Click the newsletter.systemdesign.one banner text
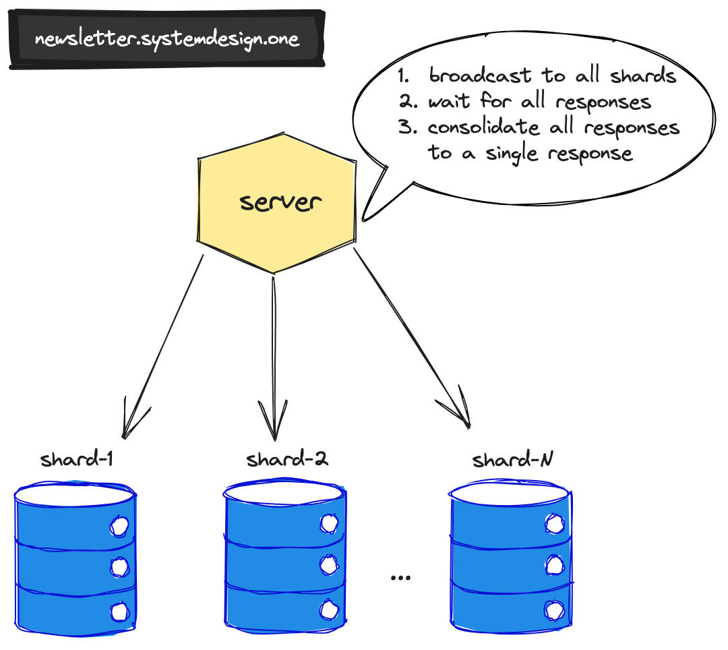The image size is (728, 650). [x=166, y=38]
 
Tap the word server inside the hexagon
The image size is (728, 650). [x=280, y=202]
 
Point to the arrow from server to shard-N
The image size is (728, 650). [x=411, y=337]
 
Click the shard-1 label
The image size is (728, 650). [x=76, y=461]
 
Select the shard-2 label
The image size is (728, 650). [x=287, y=461]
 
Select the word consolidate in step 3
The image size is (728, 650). [x=483, y=127]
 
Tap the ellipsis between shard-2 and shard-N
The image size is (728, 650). [x=400, y=577]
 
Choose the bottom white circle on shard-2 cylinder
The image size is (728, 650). [x=329, y=609]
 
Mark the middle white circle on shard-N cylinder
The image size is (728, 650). [x=554, y=564]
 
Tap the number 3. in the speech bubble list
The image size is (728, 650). [x=407, y=127]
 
